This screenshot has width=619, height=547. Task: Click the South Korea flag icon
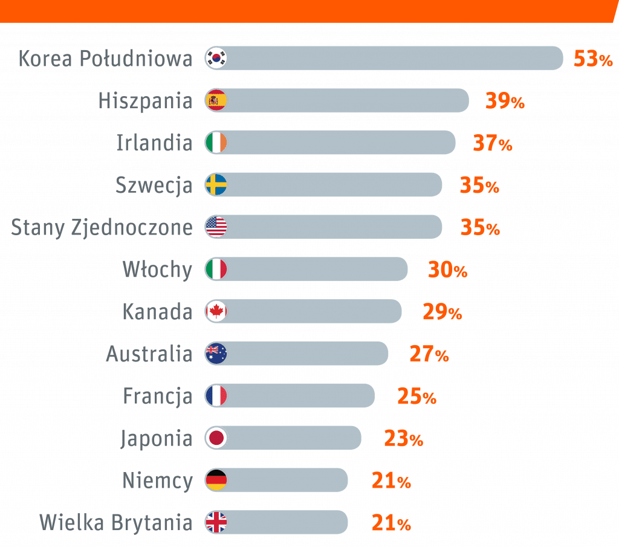point(216,58)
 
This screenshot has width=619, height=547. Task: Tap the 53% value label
point(594,59)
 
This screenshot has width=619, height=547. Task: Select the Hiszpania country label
point(145,101)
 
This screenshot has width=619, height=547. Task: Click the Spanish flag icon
point(216,100)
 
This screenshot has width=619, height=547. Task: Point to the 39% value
point(505,102)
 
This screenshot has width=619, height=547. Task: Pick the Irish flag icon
point(216,143)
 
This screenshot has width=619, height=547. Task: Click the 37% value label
point(492,144)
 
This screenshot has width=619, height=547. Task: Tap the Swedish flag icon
point(216,184)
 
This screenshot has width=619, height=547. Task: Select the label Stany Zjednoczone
point(102,227)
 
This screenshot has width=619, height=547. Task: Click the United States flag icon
point(216,227)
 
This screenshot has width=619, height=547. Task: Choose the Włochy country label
point(157,270)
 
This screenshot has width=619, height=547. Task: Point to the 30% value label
point(448,270)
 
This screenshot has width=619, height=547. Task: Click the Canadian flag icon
point(216,311)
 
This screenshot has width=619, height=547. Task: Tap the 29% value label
point(442,312)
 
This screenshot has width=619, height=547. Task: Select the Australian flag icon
point(216,353)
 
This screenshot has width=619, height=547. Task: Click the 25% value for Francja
point(416,396)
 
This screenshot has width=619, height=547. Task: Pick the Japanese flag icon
point(216,438)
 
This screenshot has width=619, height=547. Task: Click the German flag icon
point(216,480)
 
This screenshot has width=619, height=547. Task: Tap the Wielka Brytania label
point(116,522)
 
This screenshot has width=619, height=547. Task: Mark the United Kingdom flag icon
point(216,522)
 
